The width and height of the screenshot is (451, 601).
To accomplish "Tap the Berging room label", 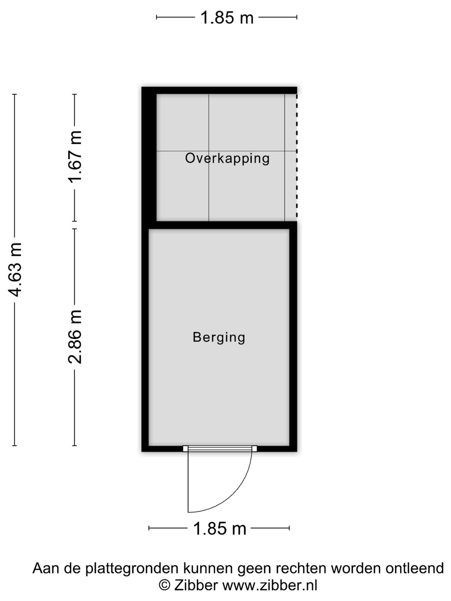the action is pos(219,337).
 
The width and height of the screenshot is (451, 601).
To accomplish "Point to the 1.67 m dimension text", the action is pos(75,157).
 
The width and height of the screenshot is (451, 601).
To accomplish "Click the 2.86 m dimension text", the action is pos(75,337).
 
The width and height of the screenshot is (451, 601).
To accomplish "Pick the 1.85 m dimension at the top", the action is pos(227,18).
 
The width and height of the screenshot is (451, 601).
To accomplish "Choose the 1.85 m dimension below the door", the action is pos(219,529).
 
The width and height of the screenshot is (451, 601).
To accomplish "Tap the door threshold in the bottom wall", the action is pos(220,448).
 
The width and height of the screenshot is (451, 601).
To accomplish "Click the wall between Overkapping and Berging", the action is pos(223,225).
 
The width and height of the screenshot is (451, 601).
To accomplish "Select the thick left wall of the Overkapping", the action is pos(149,157).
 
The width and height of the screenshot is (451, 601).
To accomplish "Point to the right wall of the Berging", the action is pos(293,337).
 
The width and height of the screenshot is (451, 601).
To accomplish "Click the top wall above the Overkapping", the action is pos(219,91).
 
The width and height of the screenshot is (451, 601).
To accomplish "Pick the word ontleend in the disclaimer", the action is pos(415,568).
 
